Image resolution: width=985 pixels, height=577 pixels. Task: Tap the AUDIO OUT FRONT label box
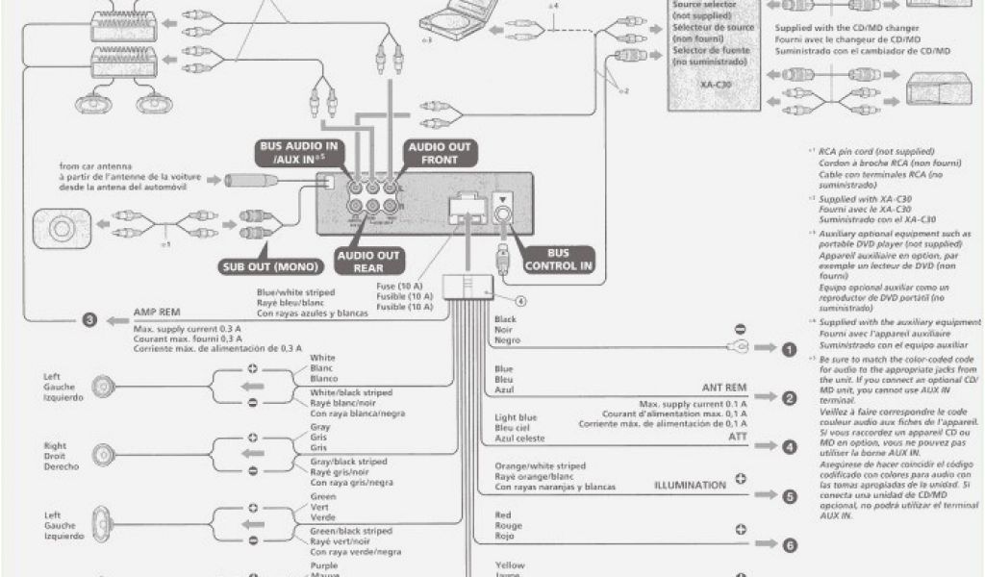point(440,153)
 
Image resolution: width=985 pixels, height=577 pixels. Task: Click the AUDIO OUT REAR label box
point(368,262)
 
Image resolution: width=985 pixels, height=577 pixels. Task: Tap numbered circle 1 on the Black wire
point(789,349)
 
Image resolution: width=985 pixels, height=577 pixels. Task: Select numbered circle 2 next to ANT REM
point(789,398)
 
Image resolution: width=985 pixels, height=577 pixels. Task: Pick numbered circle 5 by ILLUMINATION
point(789,496)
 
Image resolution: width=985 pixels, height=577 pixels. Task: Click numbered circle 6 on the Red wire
point(789,545)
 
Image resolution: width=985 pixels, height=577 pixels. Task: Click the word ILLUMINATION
point(690,485)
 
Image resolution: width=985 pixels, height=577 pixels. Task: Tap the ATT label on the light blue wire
point(736,437)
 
